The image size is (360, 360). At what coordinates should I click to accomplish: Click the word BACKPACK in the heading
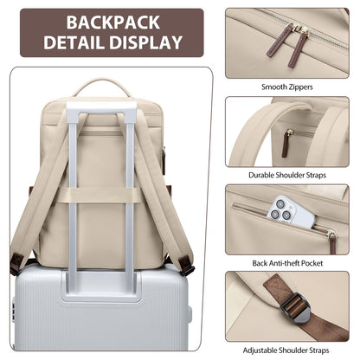(x=113, y=22)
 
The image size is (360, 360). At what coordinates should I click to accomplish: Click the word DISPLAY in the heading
(x=145, y=42)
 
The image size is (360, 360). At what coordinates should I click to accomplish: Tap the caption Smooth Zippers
(x=287, y=87)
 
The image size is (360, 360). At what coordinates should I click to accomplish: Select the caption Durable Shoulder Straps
(x=287, y=175)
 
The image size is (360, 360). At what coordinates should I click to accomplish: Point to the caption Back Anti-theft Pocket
(x=287, y=263)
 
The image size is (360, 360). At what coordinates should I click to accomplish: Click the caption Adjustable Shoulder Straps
(x=286, y=350)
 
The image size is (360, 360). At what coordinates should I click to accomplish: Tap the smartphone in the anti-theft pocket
(x=290, y=212)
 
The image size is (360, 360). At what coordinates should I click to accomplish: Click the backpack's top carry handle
(x=102, y=86)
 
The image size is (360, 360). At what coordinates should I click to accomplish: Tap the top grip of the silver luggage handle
(x=101, y=108)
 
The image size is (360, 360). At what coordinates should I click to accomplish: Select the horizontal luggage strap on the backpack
(x=101, y=195)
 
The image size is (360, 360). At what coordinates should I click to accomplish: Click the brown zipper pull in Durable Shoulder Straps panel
(x=286, y=144)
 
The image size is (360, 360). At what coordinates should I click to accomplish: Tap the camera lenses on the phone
(x=280, y=209)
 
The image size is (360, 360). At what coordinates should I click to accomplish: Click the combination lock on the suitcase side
(x=13, y=310)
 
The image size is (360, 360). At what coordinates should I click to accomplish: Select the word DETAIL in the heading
(x=74, y=42)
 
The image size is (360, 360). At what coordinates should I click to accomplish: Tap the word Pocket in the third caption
(x=312, y=263)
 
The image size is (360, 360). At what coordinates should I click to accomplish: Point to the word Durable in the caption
(x=261, y=175)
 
